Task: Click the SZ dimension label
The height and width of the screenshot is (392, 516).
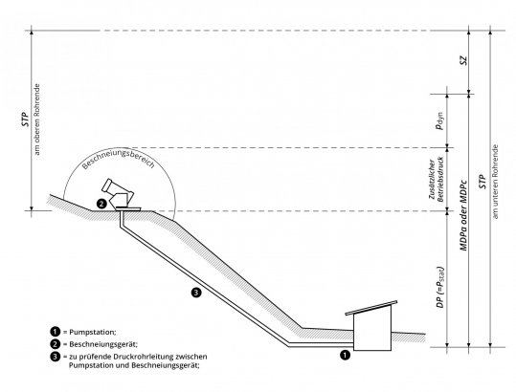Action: [x=463, y=60]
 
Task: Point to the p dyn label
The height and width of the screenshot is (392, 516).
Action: [x=439, y=120]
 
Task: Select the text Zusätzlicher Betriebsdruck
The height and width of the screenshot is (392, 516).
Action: [x=437, y=180]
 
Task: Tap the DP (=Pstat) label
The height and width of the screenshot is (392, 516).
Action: [x=440, y=287]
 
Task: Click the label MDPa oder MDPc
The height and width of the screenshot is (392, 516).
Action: [x=463, y=215]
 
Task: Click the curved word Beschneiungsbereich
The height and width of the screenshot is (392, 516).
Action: [x=118, y=160]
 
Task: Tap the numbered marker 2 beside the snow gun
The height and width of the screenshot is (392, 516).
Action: [x=101, y=204]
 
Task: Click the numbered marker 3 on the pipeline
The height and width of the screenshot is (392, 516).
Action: [x=196, y=293]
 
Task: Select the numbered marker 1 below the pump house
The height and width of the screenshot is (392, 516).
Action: [x=345, y=355]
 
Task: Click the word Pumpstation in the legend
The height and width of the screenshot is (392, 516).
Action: [x=92, y=332]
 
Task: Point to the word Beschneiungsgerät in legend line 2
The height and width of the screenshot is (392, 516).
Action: [x=103, y=344]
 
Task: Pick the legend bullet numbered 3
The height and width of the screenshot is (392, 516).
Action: [x=56, y=357]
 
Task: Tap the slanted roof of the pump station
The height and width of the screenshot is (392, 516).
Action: [x=371, y=308]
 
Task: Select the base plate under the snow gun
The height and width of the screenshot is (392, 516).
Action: [x=128, y=208]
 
